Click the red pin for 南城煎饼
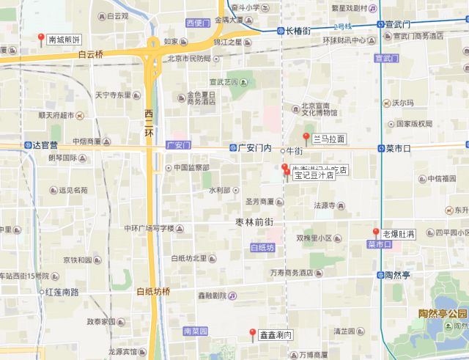pyautogui.click(x=40, y=39)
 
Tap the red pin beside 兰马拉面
pyautogui.click(x=306, y=138)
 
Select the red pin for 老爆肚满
pyautogui.click(x=376, y=233)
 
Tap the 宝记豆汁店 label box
pyautogui.click(x=313, y=176)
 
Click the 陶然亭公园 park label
pyautogui.click(x=443, y=314)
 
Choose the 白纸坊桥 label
pyautogui.click(x=153, y=291)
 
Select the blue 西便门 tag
pyautogui.click(x=199, y=23)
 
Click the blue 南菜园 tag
pyautogui.click(x=196, y=331)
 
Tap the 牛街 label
pyautogui.click(x=293, y=150)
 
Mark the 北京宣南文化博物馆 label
pyautogui.click(x=319, y=109)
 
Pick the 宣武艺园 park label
pyautogui.click(x=224, y=82)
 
